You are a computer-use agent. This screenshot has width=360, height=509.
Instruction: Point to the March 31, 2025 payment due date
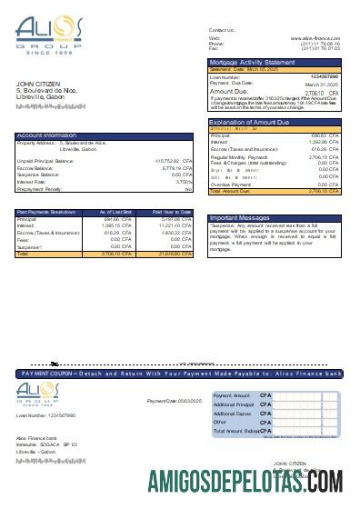pos(321,83)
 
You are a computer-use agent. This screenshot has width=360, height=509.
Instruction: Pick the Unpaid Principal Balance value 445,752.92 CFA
pos(168,160)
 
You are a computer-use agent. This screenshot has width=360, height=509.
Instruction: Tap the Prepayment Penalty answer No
pos(188,189)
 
